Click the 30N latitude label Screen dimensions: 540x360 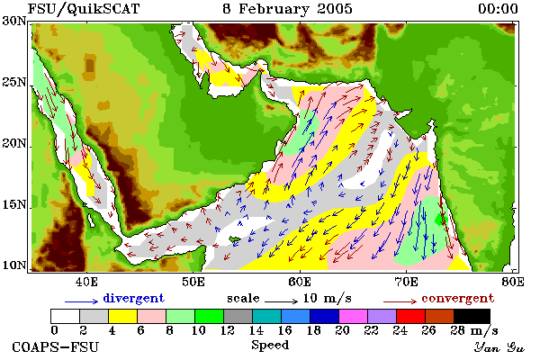(x=13, y=21)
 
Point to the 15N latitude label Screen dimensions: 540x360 (x=13, y=204)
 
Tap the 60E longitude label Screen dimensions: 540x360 (x=300, y=282)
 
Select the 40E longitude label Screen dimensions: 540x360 (x=86, y=282)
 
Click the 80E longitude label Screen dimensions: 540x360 (x=513, y=282)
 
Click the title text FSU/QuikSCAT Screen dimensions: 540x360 (x=84, y=9)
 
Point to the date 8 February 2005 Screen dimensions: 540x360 (x=288, y=9)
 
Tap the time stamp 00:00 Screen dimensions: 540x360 (x=498, y=9)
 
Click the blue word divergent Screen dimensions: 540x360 (x=133, y=298)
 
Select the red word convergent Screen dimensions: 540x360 (x=458, y=298)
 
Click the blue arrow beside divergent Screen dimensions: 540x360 (x=82, y=301)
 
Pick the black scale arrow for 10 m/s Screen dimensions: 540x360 (x=281, y=301)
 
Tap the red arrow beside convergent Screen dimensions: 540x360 (x=400, y=301)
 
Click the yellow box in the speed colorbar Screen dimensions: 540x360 (x=123, y=316)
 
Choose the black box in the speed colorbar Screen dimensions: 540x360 (x=472, y=316)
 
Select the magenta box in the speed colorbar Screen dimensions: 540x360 (x=354, y=316)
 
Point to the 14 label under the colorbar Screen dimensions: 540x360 (x=256, y=330)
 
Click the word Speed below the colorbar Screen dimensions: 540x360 (x=270, y=346)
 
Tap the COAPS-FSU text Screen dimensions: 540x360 (x=55, y=346)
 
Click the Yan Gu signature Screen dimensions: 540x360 (x=499, y=347)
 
